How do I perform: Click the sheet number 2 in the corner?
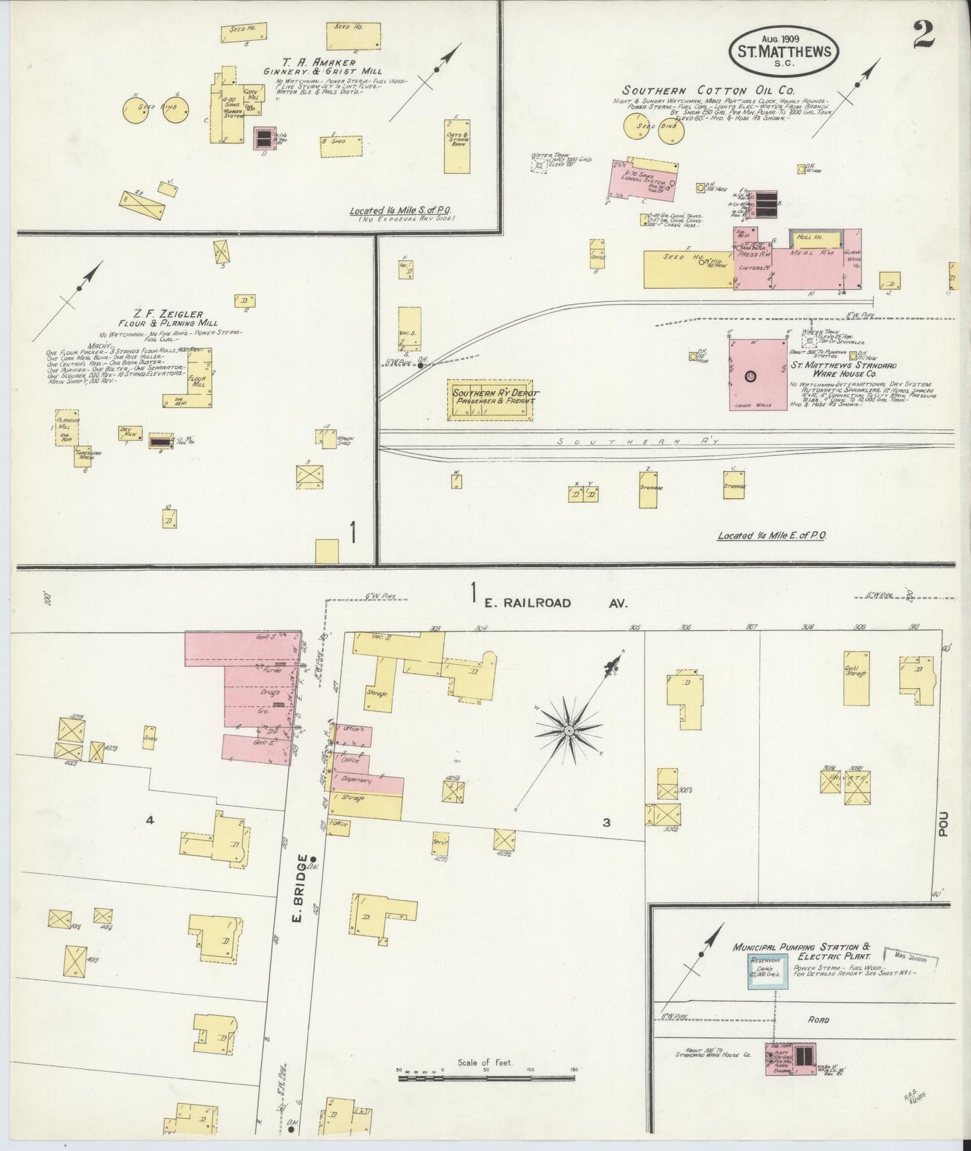click(x=923, y=35)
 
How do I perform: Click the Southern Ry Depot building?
click(x=491, y=400)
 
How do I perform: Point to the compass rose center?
click(x=569, y=731)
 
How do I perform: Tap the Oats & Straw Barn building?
click(x=457, y=146)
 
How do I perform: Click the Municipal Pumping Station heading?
click(x=802, y=951)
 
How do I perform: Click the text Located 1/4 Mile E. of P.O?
click(x=771, y=536)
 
